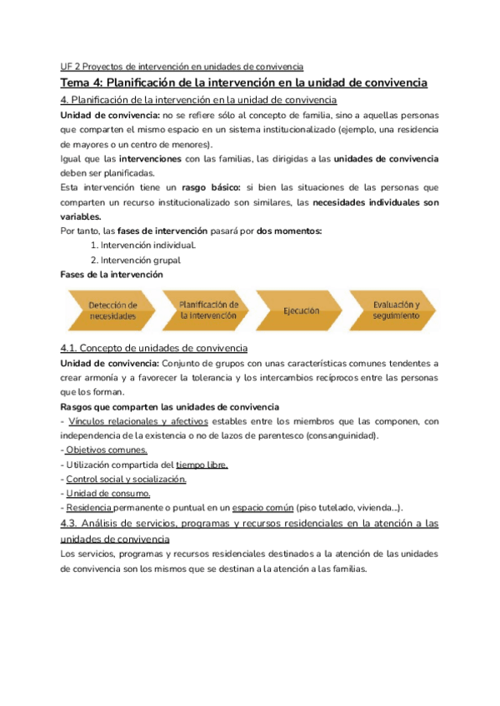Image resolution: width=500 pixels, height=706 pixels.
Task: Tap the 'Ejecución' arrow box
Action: click(x=301, y=311)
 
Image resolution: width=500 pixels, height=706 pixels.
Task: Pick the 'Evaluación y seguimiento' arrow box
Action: click(x=396, y=310)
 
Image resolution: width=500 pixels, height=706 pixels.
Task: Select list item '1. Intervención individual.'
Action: click(x=143, y=245)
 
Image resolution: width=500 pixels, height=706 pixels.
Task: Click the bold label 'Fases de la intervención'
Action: click(x=112, y=274)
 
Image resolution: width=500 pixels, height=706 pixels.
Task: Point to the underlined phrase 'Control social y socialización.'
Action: click(x=126, y=479)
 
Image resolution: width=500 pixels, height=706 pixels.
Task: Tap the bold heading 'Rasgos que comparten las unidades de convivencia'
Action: click(x=170, y=406)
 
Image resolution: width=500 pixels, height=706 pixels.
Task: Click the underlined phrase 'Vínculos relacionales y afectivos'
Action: click(x=137, y=421)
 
